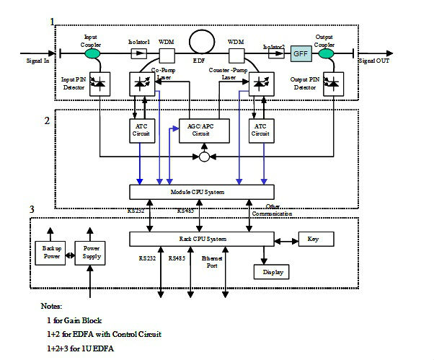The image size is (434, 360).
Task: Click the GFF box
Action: point(299,53)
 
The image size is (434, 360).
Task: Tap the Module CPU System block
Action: point(202,192)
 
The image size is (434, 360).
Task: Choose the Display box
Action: point(271,272)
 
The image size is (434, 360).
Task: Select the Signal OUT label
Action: point(376,62)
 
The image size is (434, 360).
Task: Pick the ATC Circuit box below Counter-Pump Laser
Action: point(259,129)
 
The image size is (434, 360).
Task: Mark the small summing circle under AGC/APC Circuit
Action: point(205,156)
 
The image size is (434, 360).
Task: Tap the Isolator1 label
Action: point(138,42)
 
